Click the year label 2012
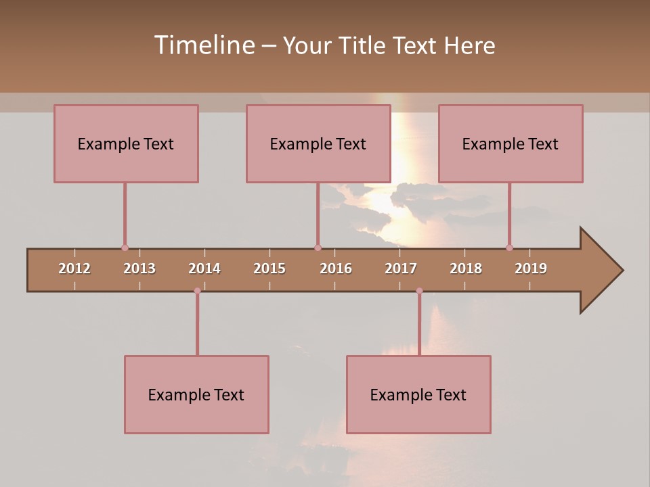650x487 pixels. click(x=74, y=269)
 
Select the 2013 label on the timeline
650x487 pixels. click(x=139, y=269)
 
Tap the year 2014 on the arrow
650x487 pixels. click(x=204, y=269)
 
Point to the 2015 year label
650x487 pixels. click(x=269, y=269)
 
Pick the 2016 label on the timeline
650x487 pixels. click(x=336, y=269)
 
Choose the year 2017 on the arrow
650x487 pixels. click(x=401, y=269)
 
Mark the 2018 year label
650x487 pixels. click(x=466, y=269)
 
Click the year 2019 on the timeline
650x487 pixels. click(x=531, y=269)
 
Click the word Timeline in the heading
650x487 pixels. click(x=204, y=45)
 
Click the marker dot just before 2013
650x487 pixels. click(x=125, y=248)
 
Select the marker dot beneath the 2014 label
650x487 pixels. click(x=197, y=291)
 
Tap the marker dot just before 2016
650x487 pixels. click(x=318, y=248)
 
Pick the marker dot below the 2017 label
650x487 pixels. click(x=419, y=291)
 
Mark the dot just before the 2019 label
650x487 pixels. click(x=509, y=248)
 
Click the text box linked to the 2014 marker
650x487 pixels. click(x=196, y=394)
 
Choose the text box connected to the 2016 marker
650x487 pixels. click(x=318, y=143)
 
